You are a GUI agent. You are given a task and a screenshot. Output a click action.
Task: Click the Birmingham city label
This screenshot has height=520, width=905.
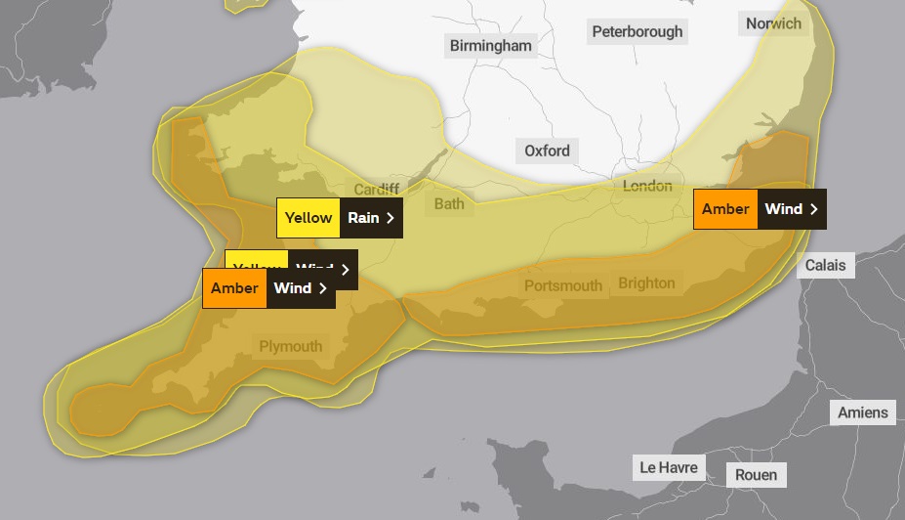click(x=490, y=46)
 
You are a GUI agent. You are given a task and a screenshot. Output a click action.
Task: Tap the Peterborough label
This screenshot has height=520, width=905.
click(x=638, y=31)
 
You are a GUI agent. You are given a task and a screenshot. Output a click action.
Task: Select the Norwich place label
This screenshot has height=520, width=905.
click(x=773, y=23)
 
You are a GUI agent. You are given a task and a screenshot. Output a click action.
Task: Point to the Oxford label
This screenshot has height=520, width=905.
click(x=547, y=151)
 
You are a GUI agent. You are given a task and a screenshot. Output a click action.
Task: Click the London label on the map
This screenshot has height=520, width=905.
click(x=647, y=186)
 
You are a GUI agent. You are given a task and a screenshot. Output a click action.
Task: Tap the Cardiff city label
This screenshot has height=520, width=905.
click(x=376, y=189)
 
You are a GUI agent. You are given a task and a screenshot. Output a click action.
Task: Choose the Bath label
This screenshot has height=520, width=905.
click(x=449, y=203)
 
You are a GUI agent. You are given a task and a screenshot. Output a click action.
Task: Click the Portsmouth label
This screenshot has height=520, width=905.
click(x=563, y=285)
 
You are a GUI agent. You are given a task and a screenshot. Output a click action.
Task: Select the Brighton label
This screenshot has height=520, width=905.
click(x=646, y=283)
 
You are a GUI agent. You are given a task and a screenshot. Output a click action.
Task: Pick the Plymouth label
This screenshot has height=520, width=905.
click(x=290, y=346)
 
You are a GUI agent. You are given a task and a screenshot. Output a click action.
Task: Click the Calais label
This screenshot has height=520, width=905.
click(x=825, y=265)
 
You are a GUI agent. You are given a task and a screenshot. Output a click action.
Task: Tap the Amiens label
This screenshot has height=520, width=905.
click(x=863, y=412)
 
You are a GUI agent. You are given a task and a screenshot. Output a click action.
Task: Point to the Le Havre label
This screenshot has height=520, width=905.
click(x=669, y=467)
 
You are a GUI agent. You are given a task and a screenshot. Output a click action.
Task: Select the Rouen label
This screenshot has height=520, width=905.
click(x=757, y=475)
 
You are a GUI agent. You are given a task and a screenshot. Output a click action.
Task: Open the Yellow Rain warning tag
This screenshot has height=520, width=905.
click(x=339, y=218)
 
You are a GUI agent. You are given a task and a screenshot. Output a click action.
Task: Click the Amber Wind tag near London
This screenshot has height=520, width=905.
click(x=759, y=209)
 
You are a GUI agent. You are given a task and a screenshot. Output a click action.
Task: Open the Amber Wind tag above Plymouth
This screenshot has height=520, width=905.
click(x=267, y=288)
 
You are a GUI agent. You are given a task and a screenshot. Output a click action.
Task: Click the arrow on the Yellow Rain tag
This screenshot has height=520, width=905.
click(x=391, y=218)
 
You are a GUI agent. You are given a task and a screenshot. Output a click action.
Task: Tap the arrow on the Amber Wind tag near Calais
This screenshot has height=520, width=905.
click(x=813, y=209)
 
